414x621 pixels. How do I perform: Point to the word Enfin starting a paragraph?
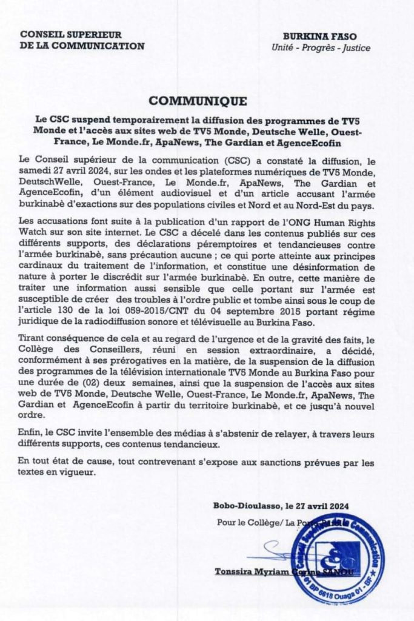tap(31, 435)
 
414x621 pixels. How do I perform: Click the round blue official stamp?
tap(337, 559)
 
